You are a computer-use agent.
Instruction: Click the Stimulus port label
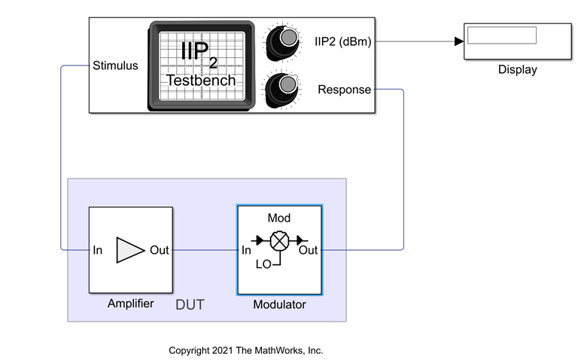115,66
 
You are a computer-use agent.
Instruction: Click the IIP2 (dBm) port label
342,41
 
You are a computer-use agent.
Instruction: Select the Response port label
344,90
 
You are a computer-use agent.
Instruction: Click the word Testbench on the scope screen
201,80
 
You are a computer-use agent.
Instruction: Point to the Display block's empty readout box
501,35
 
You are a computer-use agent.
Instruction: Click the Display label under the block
517,70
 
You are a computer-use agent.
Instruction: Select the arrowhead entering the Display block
458,41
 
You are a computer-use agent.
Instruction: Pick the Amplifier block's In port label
98,250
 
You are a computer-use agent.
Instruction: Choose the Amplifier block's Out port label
160,250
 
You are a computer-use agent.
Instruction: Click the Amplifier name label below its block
131,304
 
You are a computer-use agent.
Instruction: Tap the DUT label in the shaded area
190,304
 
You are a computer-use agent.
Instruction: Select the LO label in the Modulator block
263,264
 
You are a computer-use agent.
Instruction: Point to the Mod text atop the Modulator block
279,218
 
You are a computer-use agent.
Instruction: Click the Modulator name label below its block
279,304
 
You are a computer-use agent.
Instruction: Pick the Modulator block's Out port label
309,250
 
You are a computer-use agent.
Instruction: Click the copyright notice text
245,350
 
